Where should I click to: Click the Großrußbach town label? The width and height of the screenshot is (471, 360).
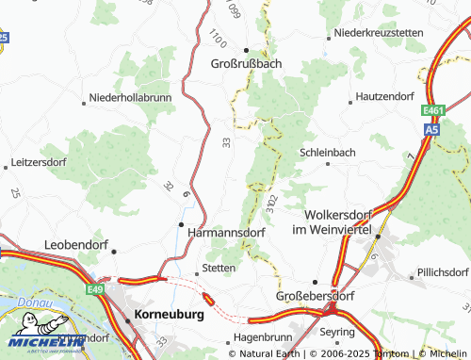point(247,64)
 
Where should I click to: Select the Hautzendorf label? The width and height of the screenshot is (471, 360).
point(384,97)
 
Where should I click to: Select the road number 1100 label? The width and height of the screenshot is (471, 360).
point(219,40)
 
